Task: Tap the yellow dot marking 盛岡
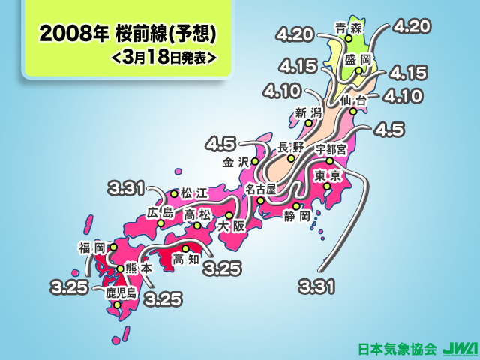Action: (x=358, y=71)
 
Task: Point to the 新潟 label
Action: (x=307, y=113)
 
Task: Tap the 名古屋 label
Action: (x=261, y=187)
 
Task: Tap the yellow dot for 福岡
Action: (x=113, y=246)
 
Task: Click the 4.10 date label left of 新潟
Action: (x=281, y=91)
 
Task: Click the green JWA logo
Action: (x=454, y=349)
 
